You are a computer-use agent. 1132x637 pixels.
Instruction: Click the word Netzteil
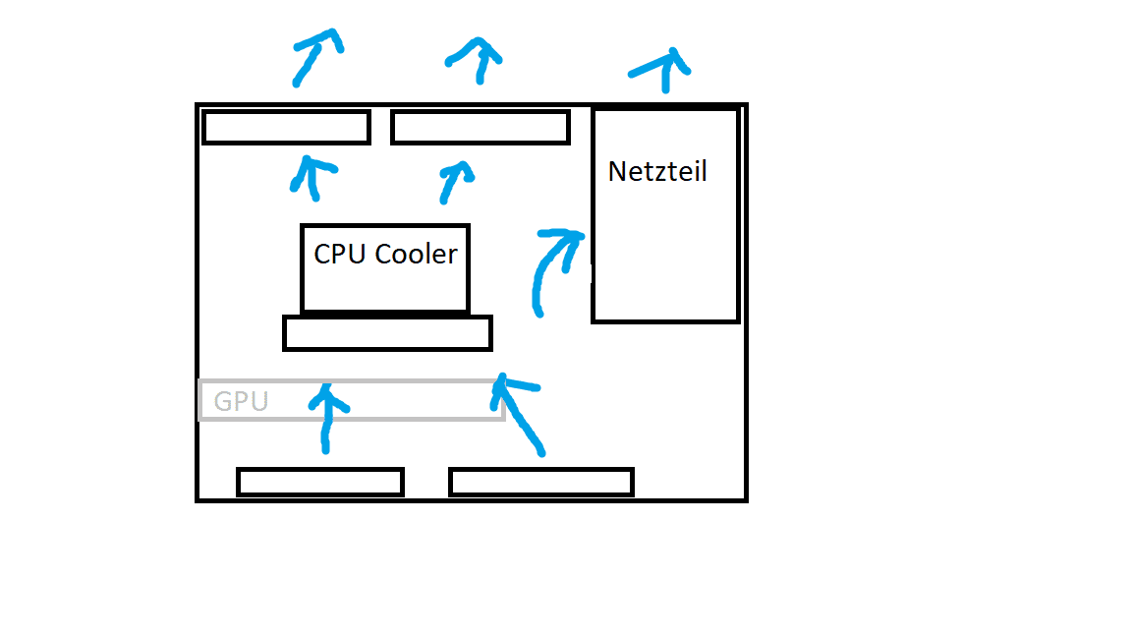[657, 171]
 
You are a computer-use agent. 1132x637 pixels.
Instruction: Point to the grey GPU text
[241, 401]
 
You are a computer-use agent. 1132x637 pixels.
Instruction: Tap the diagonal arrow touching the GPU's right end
[518, 413]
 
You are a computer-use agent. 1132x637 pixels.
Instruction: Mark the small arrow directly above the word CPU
[313, 177]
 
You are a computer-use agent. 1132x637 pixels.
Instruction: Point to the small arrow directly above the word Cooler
[453, 181]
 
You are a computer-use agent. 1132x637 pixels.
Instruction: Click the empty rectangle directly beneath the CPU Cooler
[387, 333]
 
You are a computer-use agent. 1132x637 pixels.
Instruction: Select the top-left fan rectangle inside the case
[286, 128]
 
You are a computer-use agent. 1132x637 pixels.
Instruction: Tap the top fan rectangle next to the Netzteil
[481, 128]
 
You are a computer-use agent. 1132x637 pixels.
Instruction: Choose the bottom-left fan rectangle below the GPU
[320, 482]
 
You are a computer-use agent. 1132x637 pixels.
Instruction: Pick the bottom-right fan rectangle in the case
[541, 482]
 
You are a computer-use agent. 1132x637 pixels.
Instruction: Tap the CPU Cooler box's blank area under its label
[385, 290]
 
